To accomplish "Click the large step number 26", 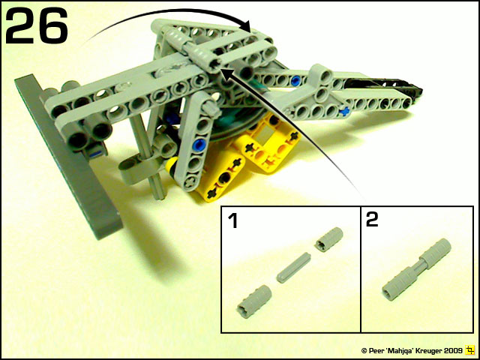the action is point(37,25).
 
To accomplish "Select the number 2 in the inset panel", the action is point(372,220).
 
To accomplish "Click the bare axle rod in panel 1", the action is point(294,267).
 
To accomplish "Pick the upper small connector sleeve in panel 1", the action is point(329,239).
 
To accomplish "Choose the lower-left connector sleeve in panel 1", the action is point(255,301).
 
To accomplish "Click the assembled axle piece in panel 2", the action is point(417,269).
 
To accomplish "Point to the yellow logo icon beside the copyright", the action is point(469,349).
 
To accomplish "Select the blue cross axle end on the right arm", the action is point(345,112).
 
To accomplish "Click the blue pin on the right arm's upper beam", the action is point(295,80).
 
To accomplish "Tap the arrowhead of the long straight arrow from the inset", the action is point(225,75).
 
